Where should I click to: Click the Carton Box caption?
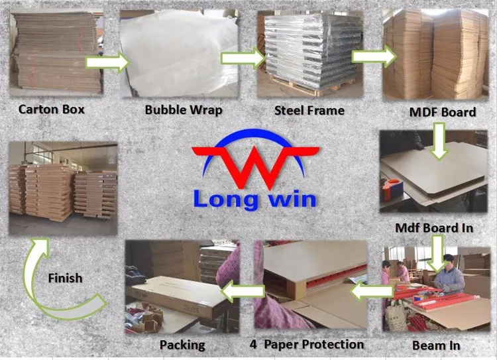[x=51, y=109]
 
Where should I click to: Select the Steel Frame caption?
[x=309, y=110]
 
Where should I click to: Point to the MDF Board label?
[x=443, y=112]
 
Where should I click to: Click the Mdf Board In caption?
[x=434, y=227]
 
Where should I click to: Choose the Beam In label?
[x=436, y=345]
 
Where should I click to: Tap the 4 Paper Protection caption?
[x=307, y=345]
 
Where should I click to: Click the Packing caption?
[x=182, y=345]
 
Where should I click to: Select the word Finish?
[x=65, y=277]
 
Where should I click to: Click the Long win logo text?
[x=255, y=198]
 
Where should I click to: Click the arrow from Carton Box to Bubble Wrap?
[x=107, y=62]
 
